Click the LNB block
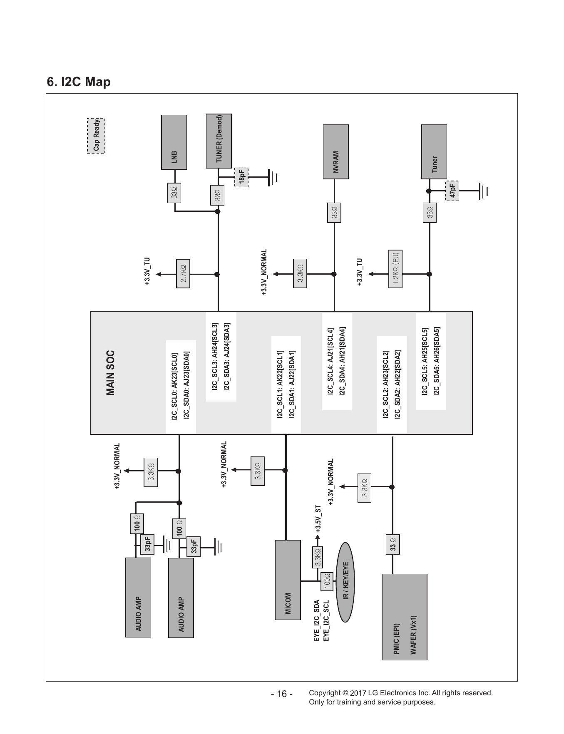tap(174, 142)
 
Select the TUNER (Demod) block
tap(219, 141)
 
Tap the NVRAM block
tap(336, 152)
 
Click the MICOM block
tap(288, 580)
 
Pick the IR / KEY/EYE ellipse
tap(345, 582)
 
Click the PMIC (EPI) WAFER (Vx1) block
tap(405, 617)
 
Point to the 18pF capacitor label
tap(241, 177)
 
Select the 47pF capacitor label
tap(452, 191)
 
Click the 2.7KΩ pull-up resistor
tap(183, 274)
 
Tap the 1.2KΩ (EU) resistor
tap(395, 269)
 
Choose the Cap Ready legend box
tap(96, 136)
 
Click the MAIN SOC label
tap(110, 372)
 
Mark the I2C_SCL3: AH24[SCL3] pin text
tap(215, 357)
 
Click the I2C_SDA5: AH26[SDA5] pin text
tap(437, 361)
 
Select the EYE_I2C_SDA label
tap(317, 620)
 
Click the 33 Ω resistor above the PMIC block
tap(393, 544)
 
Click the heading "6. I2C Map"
tap(79, 82)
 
